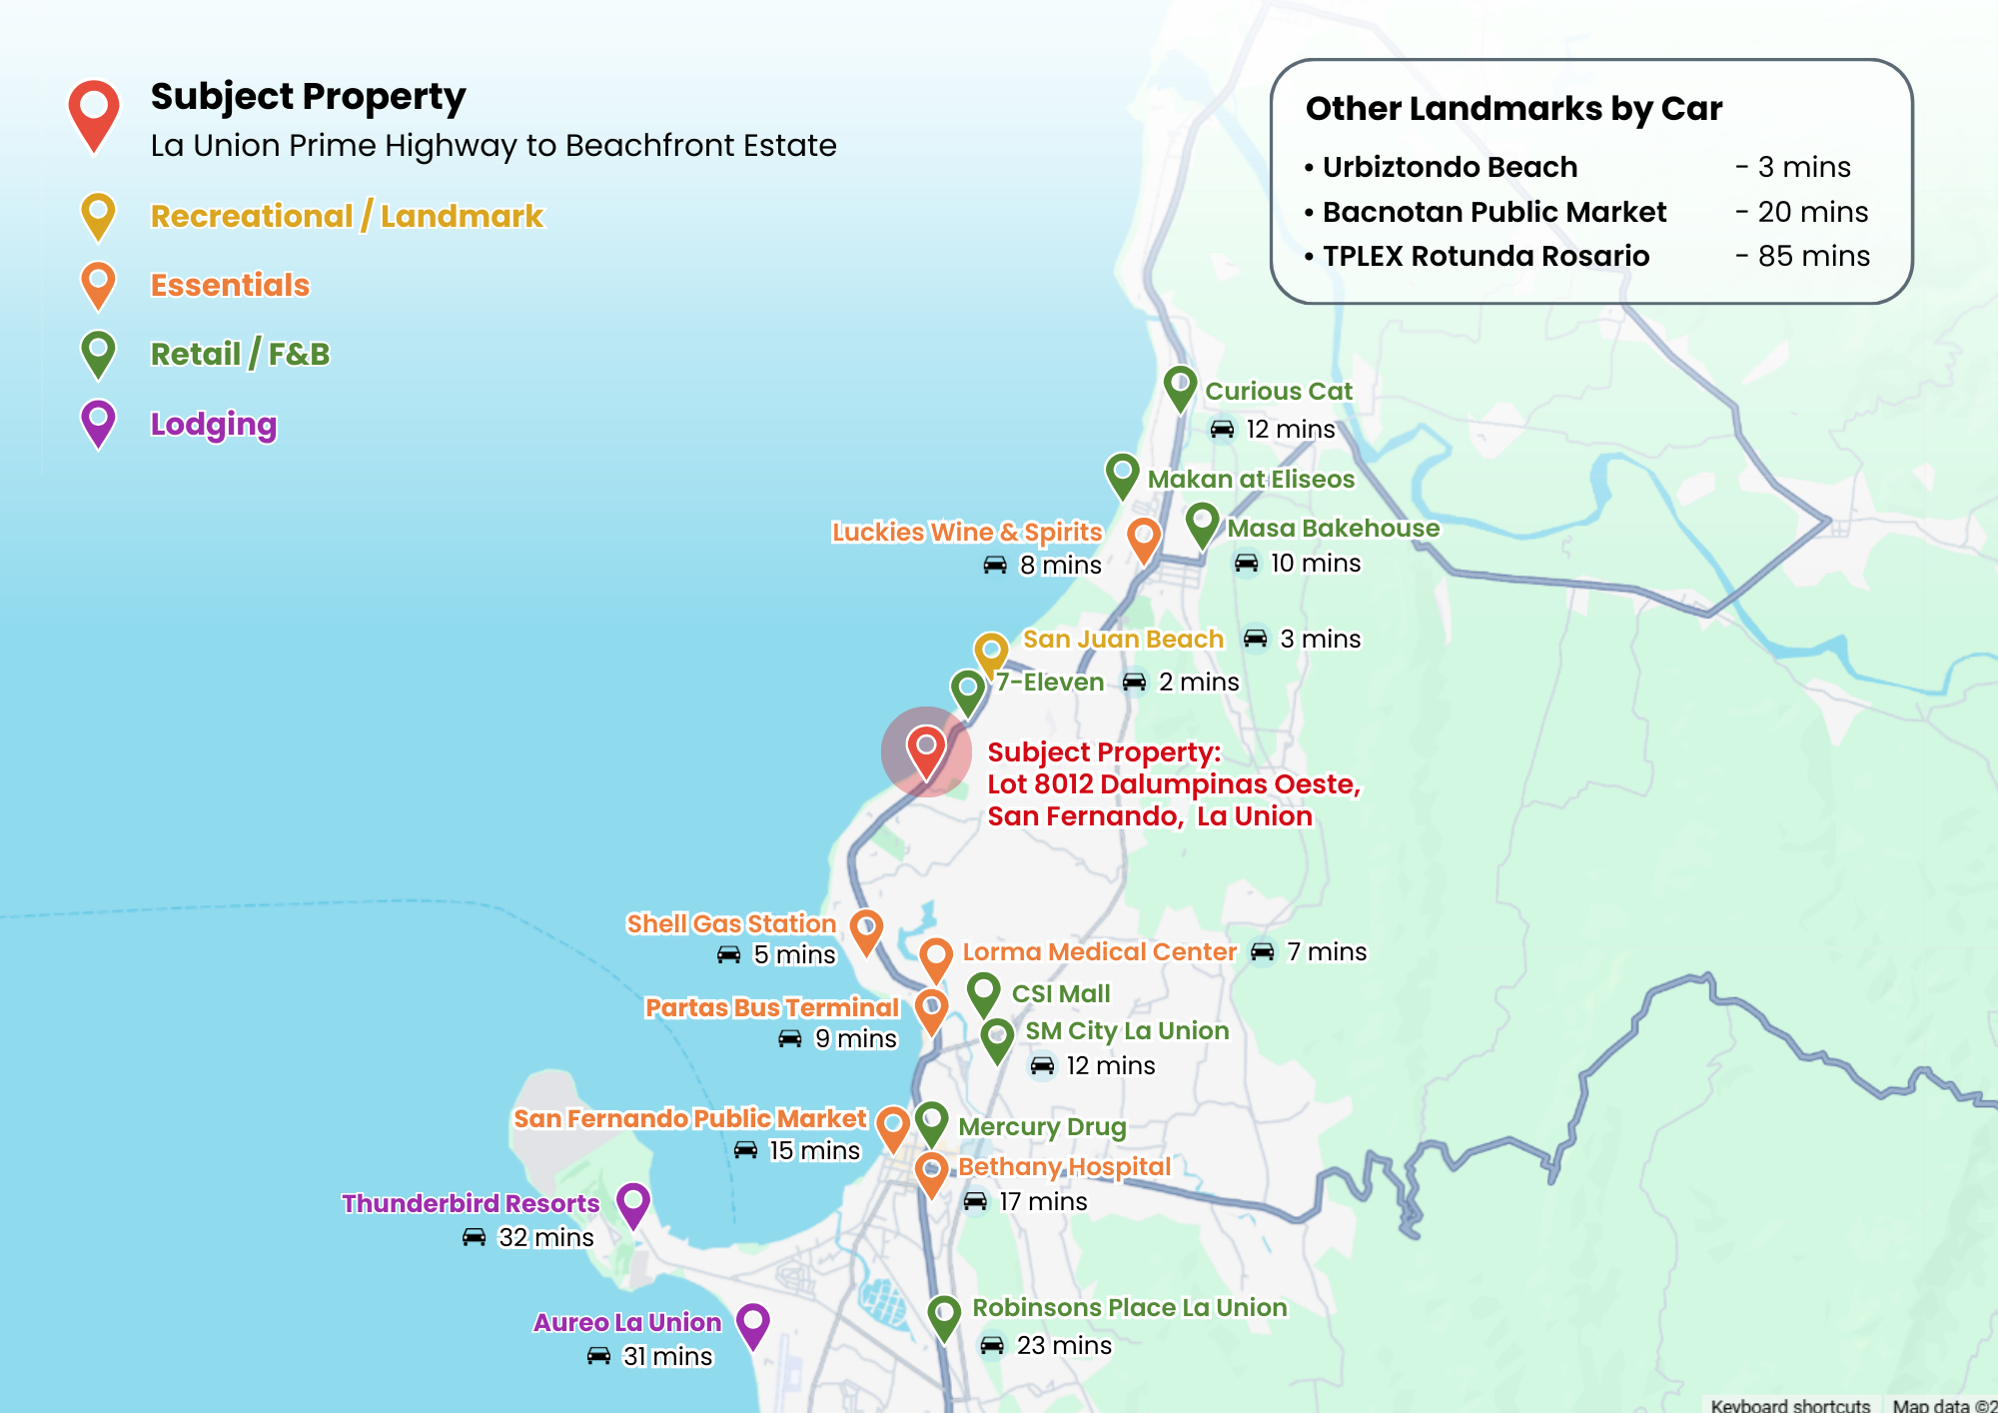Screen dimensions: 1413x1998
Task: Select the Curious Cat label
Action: pyautogui.click(x=1278, y=391)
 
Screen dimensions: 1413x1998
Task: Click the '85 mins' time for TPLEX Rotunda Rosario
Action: pyautogui.click(x=1813, y=256)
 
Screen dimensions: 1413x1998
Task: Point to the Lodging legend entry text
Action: pyautogui.click(x=213, y=424)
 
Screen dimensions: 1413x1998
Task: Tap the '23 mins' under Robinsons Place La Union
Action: pyautogui.click(x=1063, y=1345)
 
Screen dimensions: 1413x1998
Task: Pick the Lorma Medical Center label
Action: pyautogui.click(x=1099, y=951)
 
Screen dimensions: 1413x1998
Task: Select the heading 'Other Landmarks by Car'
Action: pyautogui.click(x=1513, y=108)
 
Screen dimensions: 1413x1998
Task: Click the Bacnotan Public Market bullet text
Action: pyautogui.click(x=1494, y=212)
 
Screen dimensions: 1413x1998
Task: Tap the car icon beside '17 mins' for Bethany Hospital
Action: pyautogui.click(x=975, y=1201)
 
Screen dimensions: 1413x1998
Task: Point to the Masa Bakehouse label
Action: pyautogui.click(x=1333, y=528)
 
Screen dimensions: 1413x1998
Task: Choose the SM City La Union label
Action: pyautogui.click(x=1127, y=1030)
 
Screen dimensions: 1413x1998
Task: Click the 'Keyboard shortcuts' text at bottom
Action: pyautogui.click(x=1789, y=1404)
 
